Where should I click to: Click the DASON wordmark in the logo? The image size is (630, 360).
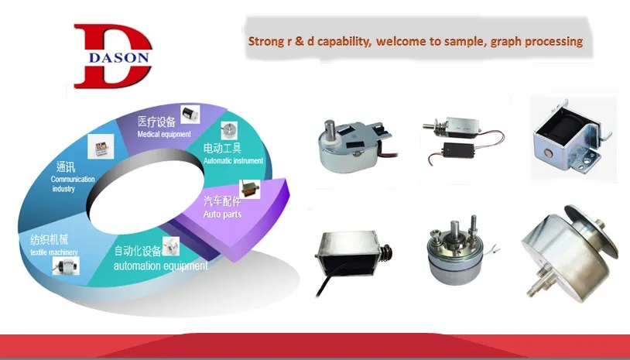118,57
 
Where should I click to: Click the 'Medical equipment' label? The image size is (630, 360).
164,134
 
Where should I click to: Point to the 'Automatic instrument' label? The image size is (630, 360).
233,161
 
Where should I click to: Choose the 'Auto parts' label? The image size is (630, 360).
222,214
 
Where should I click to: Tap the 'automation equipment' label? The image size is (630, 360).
161,266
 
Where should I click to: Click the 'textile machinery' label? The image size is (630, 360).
54,252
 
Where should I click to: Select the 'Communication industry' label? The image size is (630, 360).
72,183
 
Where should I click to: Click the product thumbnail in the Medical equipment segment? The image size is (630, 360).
190,114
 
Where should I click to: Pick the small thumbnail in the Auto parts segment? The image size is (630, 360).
249,189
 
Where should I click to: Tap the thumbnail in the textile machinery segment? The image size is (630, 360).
66,266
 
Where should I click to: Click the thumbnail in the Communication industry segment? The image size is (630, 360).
101,146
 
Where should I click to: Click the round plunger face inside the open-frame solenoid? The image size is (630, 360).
548,153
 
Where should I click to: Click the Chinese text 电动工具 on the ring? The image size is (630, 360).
222,149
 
